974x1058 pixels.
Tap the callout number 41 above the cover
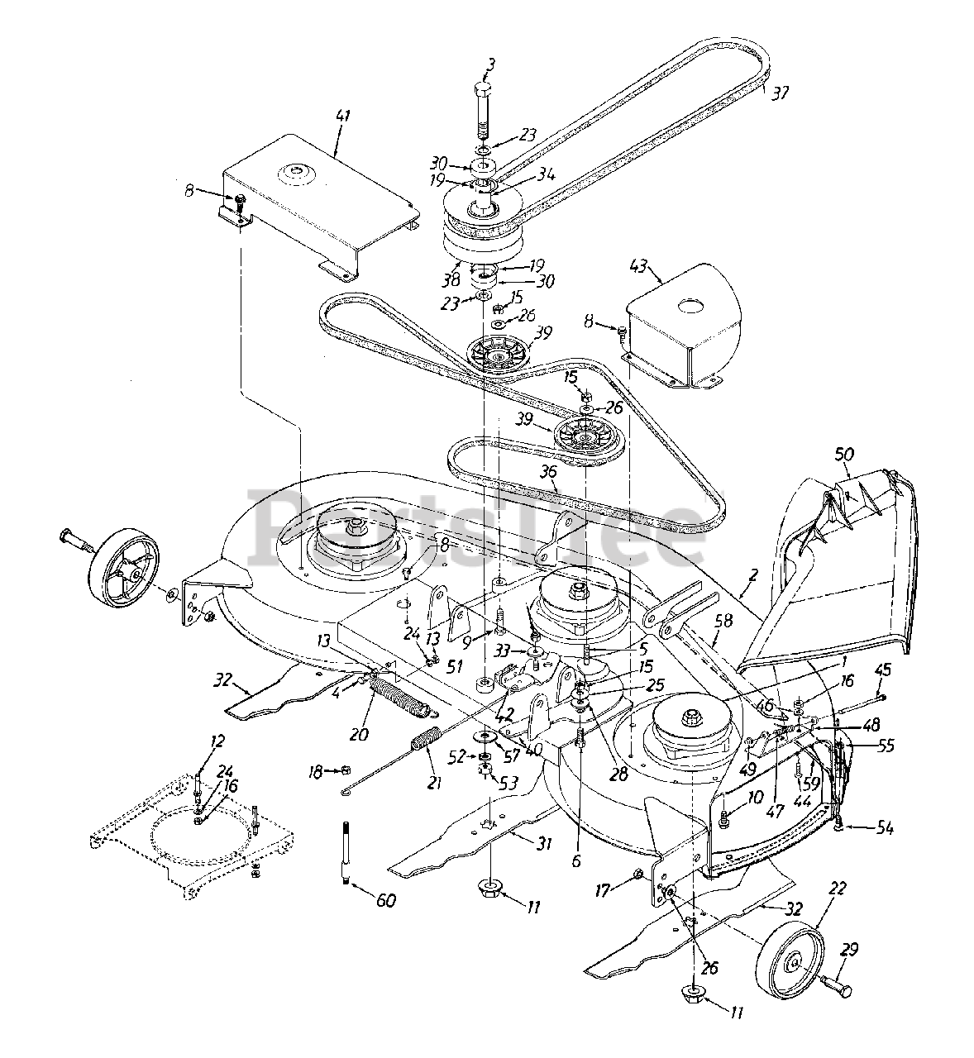[341, 117]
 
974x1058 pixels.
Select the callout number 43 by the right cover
[640, 269]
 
